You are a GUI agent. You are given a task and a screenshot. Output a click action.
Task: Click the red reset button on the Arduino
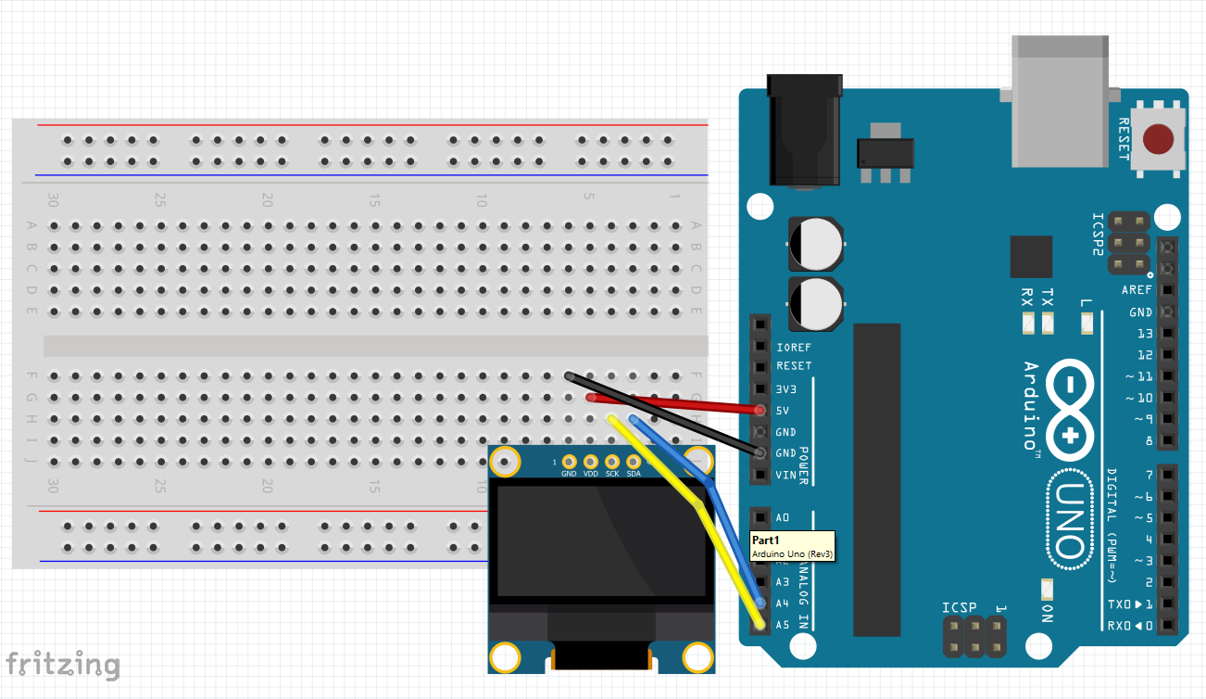(1155, 140)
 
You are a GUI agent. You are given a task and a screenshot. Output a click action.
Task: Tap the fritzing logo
(63, 664)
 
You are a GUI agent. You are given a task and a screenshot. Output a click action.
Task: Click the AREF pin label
(1137, 290)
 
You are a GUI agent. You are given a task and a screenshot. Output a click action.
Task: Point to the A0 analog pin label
(783, 517)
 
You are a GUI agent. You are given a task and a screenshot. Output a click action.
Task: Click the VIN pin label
(785, 476)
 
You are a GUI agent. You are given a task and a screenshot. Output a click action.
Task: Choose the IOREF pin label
(794, 348)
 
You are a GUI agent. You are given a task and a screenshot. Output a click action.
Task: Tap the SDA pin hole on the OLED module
(634, 462)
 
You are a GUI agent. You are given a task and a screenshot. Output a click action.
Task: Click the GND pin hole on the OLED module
(569, 462)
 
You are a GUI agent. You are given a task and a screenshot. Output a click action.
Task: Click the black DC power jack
(804, 130)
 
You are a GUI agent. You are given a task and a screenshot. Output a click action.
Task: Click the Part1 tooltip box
(792, 545)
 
